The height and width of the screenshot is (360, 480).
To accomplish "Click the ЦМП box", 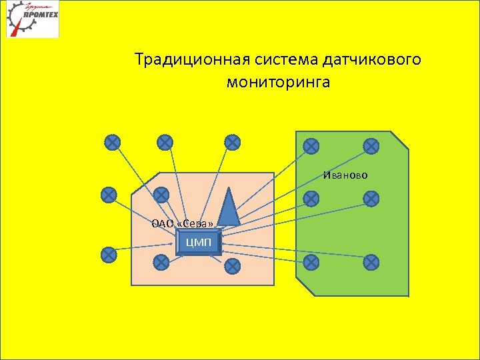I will (199, 242).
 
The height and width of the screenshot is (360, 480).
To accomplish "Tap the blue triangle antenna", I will (229, 207).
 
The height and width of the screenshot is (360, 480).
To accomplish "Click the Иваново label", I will (346, 175).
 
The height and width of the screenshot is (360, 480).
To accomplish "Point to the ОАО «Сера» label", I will (183, 223).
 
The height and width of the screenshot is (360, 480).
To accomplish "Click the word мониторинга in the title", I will (278, 83).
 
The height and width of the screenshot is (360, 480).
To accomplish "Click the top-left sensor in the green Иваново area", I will (311, 145).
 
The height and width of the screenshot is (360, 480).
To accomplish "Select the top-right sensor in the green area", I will (371, 145).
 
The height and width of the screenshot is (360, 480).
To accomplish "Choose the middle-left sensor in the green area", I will (311, 198).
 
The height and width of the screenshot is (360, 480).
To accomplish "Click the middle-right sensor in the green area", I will (371, 198).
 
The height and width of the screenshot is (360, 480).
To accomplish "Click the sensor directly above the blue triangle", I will (232, 142).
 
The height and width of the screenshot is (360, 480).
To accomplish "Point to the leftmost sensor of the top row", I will (113, 142).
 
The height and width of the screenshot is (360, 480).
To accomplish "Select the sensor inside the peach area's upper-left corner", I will (161, 195).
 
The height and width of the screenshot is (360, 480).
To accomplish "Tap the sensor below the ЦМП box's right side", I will (232, 267).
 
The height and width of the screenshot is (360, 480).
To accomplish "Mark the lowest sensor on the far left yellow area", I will (108, 254).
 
